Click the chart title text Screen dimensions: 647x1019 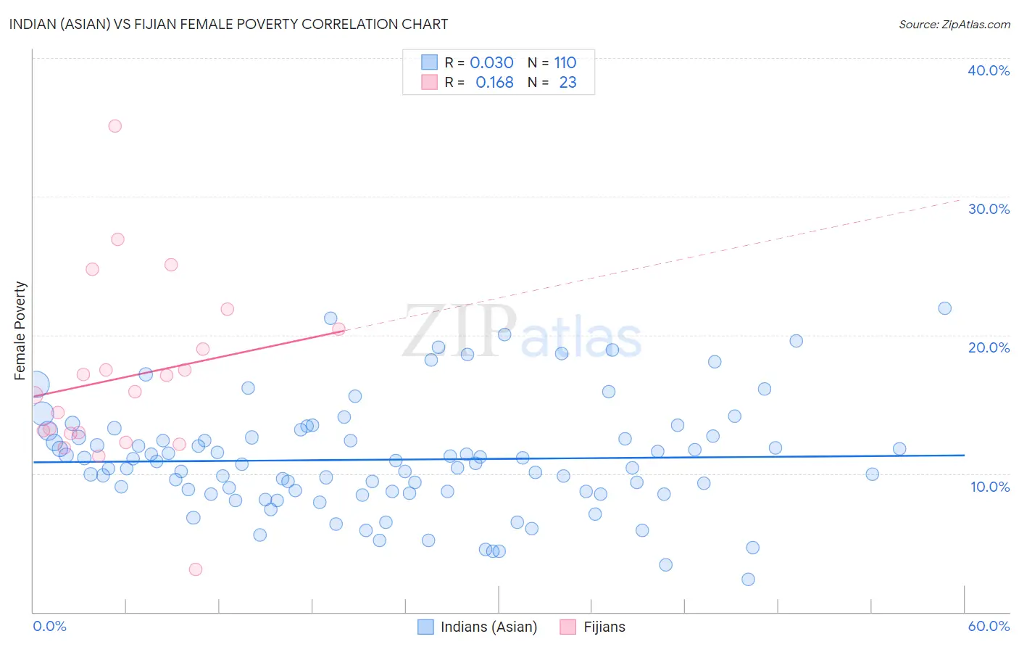(x=228, y=24)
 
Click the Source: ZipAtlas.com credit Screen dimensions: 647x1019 (x=954, y=24)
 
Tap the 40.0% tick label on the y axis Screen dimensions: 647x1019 (x=989, y=70)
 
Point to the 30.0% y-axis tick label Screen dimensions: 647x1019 (x=989, y=209)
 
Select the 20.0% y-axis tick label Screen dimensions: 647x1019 (x=989, y=347)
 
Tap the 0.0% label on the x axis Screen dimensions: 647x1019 (x=49, y=626)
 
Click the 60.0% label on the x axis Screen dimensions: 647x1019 (x=989, y=626)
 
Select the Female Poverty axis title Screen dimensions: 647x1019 (x=20, y=331)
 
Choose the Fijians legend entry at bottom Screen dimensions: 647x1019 (x=604, y=627)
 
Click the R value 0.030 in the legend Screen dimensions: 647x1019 (x=491, y=62)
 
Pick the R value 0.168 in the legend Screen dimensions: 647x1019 (x=494, y=83)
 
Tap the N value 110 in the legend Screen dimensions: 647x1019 (x=565, y=62)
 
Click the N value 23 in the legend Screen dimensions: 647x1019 (x=567, y=83)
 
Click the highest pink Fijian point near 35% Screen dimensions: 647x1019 (x=115, y=125)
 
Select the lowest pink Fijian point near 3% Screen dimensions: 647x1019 (x=195, y=569)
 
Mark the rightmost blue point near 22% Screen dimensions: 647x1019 (x=944, y=308)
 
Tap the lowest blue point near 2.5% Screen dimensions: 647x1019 (x=748, y=579)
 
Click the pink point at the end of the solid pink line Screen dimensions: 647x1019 (x=338, y=329)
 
